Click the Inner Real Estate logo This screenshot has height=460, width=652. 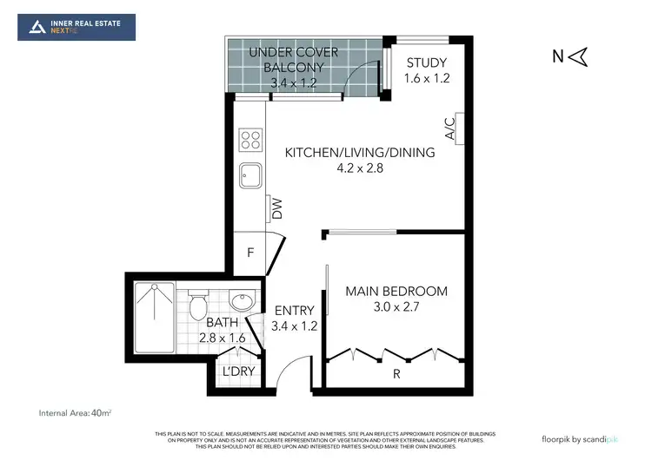77,26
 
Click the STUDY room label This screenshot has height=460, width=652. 426,62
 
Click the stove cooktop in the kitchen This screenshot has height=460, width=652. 251,140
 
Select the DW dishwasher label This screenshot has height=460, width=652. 276,207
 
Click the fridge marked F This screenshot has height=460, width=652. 250,255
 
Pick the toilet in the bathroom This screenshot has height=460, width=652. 198,306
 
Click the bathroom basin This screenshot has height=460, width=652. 242,303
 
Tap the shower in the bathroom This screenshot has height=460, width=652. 154,316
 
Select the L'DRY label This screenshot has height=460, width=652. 236,371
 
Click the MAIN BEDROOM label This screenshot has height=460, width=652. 396,291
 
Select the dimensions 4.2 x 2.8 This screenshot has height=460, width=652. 360,168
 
